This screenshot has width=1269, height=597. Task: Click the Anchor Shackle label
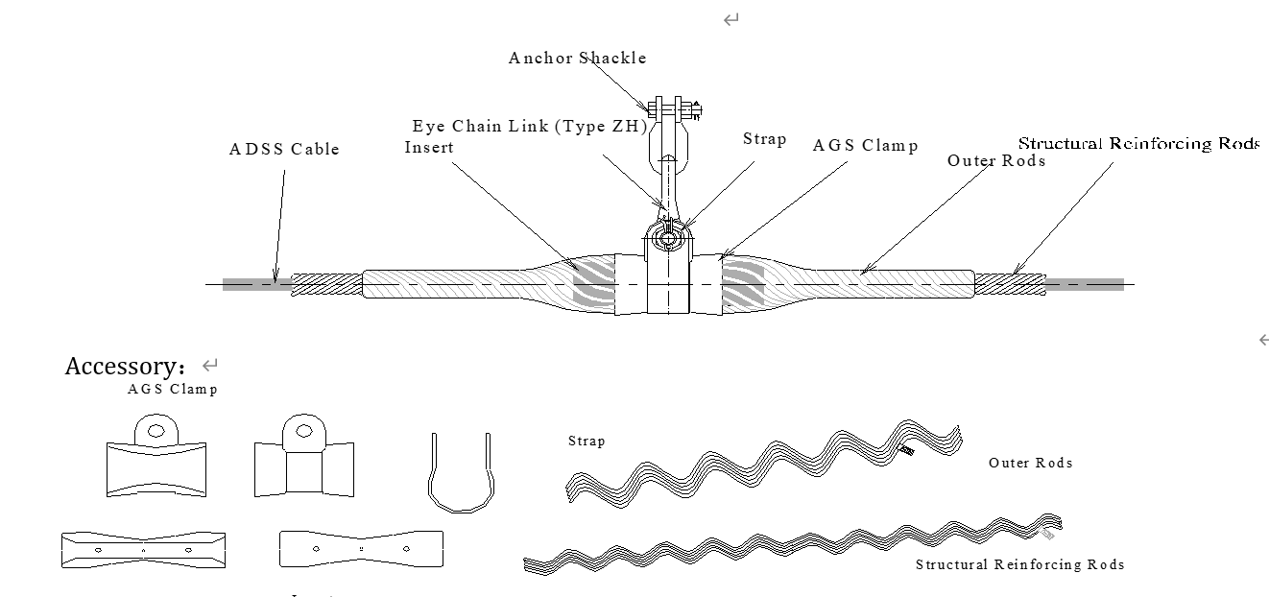click(577, 58)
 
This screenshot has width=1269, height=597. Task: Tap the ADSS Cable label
click(284, 149)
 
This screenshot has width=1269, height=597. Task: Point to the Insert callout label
click(429, 147)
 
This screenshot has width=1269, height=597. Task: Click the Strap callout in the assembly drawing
click(764, 139)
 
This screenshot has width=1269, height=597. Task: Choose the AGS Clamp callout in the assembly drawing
click(865, 145)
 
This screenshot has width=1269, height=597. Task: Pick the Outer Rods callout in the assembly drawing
click(995, 160)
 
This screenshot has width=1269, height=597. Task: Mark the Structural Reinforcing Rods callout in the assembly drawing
click(1138, 143)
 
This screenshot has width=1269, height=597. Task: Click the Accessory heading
click(130, 366)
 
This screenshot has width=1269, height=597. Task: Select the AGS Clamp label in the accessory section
click(173, 389)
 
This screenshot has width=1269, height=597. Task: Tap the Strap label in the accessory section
click(587, 442)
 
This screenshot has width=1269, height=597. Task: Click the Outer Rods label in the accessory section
click(1030, 463)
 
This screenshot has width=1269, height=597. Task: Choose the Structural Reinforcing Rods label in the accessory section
click(1019, 564)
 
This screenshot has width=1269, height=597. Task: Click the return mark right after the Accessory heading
click(210, 365)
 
